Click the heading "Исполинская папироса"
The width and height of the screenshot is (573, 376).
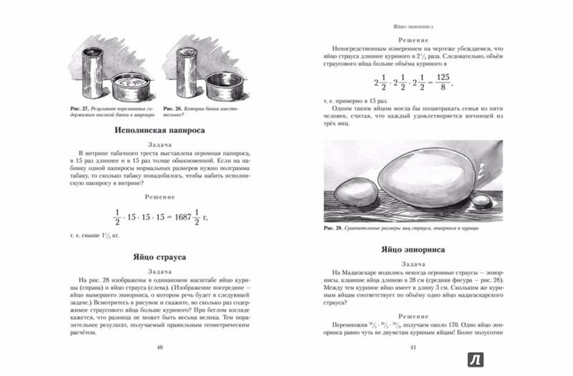pyautogui.click(x=161, y=131)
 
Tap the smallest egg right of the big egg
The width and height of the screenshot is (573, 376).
pyautogui.click(x=482, y=201)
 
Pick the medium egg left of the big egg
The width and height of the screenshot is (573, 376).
pyautogui.click(x=348, y=196)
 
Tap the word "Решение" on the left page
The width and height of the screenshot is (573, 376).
pyautogui.click(x=160, y=198)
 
